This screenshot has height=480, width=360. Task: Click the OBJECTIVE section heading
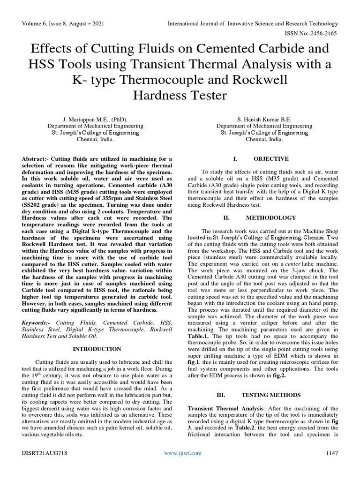(x=272, y=159)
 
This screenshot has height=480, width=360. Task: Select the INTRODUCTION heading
(x=97, y=349)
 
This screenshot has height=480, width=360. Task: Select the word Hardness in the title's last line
(x=158, y=96)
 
